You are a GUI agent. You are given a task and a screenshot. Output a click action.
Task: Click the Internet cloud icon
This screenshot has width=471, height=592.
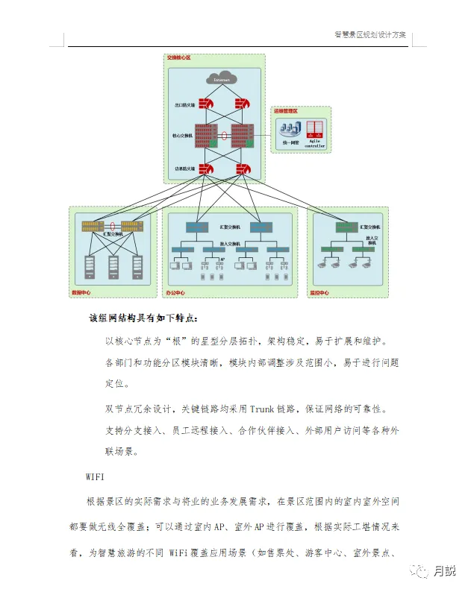pos(221,79)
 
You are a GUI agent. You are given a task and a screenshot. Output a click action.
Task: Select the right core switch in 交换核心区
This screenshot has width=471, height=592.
pos(243,136)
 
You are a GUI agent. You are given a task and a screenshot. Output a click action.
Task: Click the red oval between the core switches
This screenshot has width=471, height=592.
pos(223,136)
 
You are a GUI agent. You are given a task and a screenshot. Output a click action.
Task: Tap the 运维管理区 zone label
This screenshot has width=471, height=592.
pos(285,111)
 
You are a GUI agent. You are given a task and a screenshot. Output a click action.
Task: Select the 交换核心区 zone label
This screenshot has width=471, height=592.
pos(180,58)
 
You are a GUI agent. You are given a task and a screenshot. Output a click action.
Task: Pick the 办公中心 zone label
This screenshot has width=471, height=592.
pos(175,292)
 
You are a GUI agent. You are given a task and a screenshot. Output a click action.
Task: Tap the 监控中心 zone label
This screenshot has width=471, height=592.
pos(320,292)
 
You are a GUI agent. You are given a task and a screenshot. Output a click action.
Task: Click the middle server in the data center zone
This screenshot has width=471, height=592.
pos(113,264)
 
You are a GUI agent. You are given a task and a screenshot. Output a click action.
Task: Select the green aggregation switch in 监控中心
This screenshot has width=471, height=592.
pos(346,227)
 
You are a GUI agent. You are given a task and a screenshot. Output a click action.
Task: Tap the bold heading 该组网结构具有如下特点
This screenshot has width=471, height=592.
pos(143,318)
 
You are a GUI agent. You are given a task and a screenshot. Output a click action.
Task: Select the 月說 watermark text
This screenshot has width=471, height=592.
pos(445,571)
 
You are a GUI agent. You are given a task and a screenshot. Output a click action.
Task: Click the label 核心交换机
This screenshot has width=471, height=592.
pos(182,136)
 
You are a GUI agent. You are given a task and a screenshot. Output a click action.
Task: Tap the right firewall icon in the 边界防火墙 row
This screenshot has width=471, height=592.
pos(243,169)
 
